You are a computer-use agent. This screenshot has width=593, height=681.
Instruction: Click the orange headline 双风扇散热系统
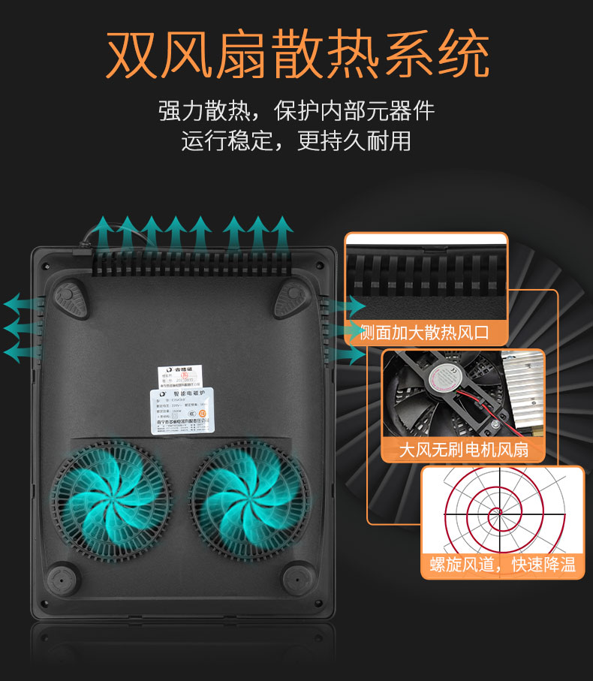(x=297, y=54)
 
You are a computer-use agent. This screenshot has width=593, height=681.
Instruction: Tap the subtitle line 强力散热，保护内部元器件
(x=296, y=111)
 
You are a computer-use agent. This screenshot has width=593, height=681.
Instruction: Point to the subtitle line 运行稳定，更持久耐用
(x=296, y=140)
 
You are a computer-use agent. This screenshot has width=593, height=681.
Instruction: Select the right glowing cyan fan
(x=248, y=496)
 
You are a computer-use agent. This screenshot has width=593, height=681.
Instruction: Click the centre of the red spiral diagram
(x=495, y=514)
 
